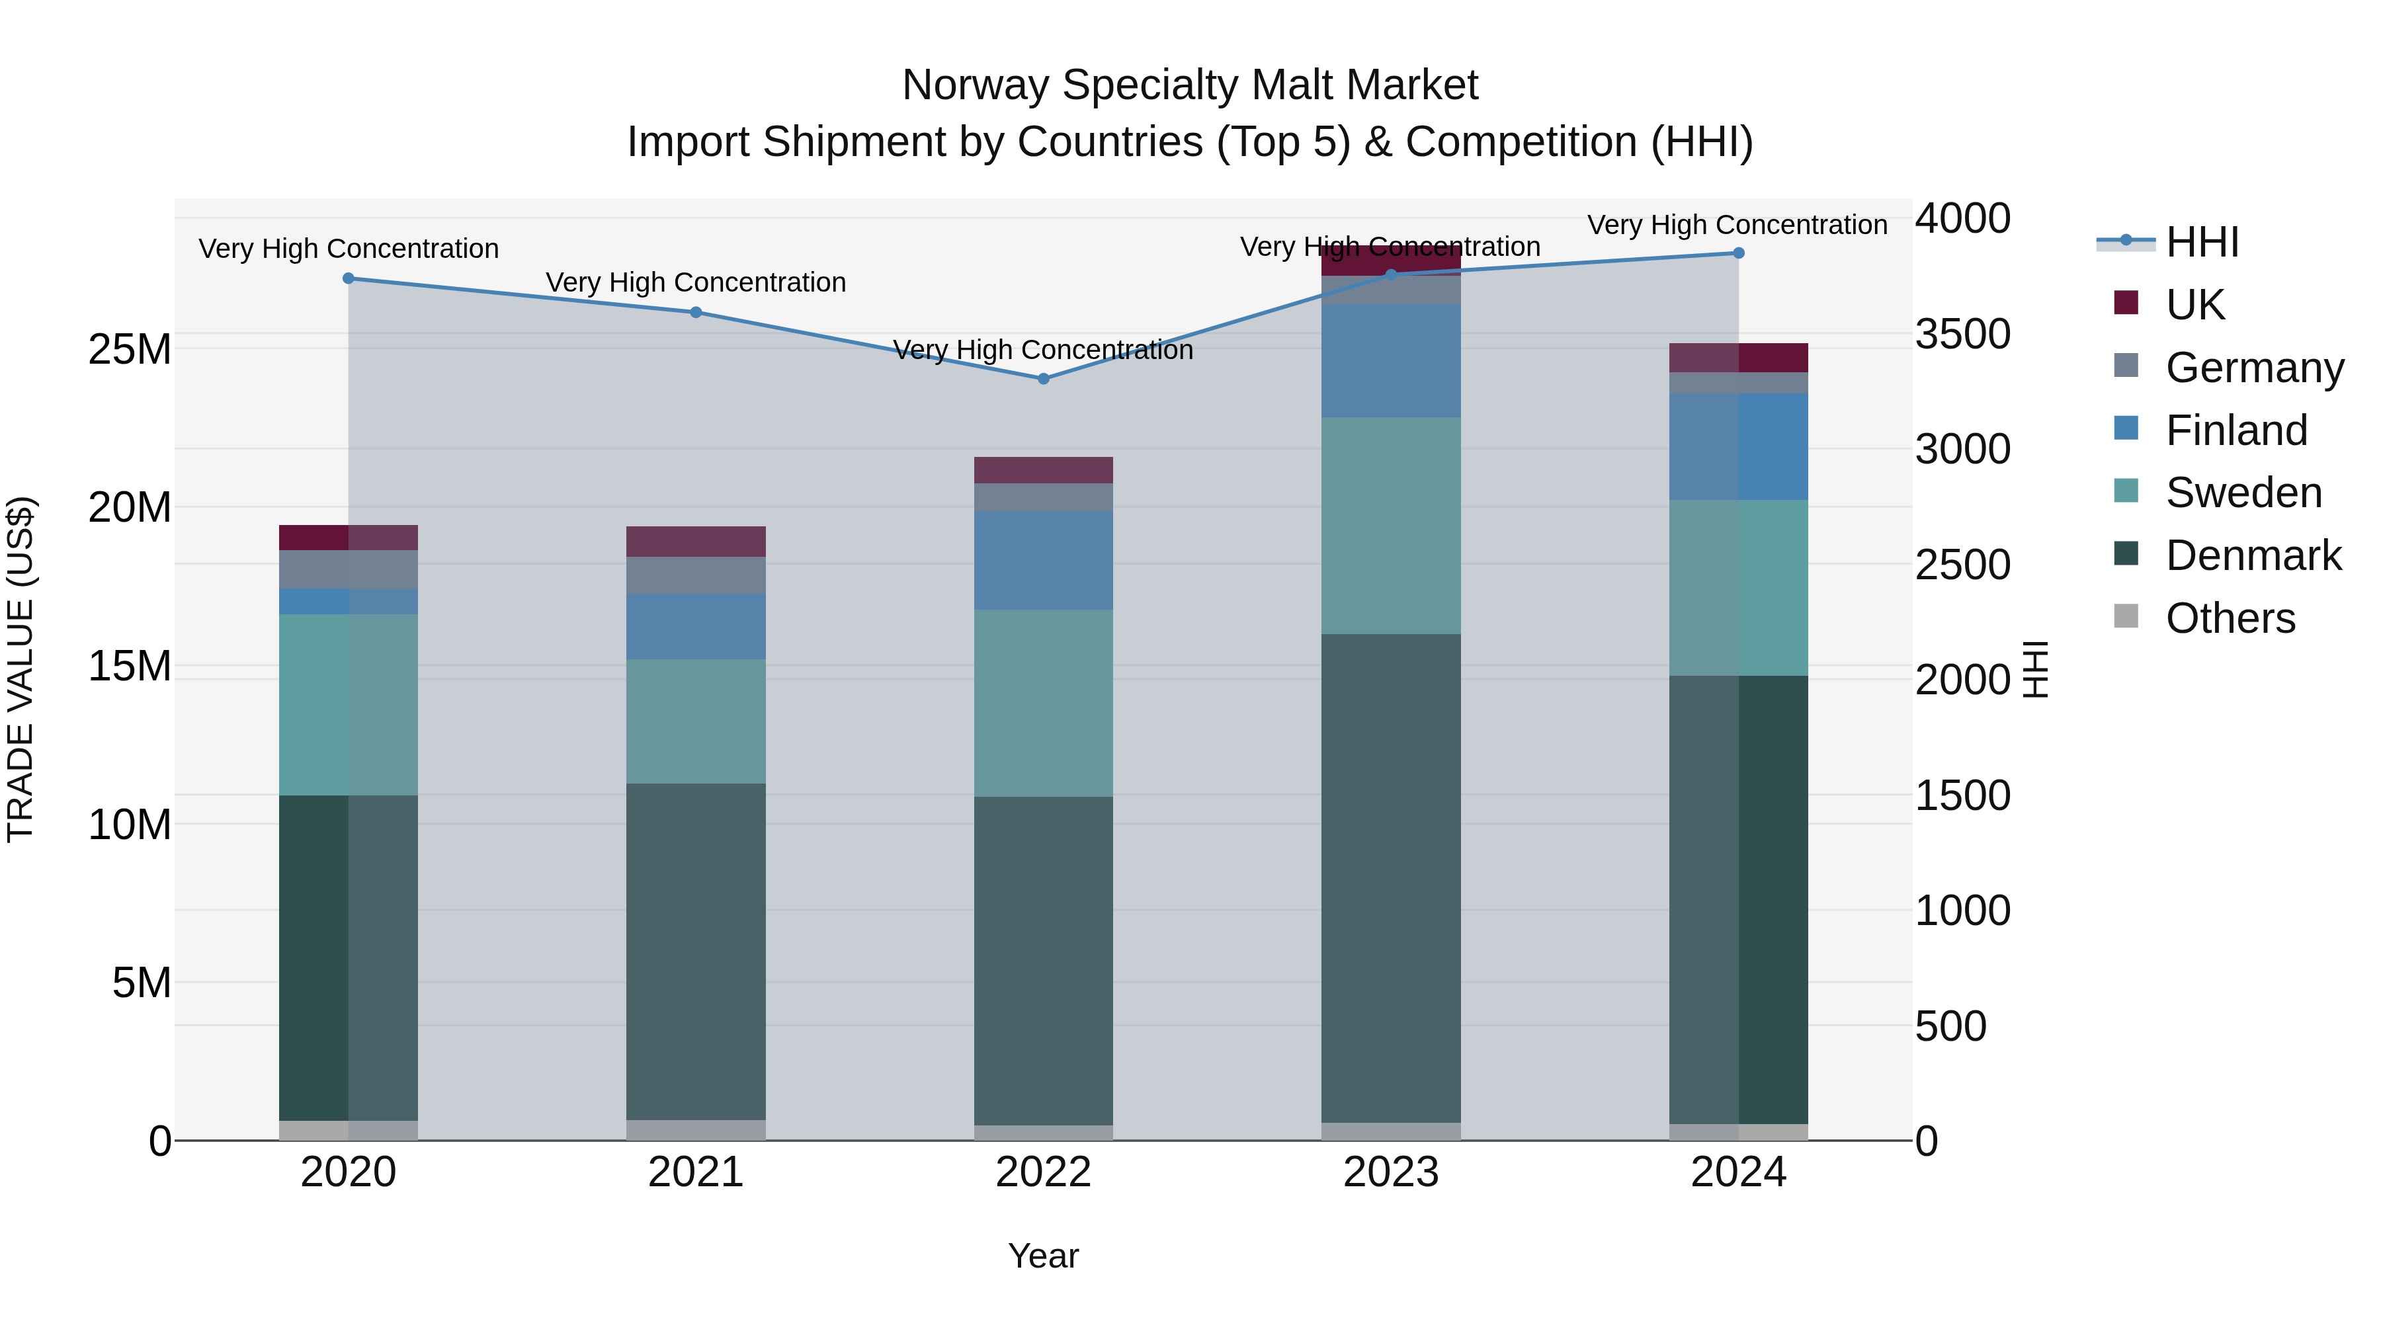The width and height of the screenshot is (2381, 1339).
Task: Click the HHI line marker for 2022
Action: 1044,379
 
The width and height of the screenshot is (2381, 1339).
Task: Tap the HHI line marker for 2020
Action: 349,278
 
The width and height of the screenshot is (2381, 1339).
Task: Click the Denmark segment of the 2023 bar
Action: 1391,878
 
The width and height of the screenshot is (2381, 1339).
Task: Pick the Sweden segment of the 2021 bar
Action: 696,721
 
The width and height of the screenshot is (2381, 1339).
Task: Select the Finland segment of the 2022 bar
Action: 1044,560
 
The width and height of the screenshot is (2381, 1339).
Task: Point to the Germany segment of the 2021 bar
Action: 696,575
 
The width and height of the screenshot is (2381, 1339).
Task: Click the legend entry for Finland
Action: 2236,430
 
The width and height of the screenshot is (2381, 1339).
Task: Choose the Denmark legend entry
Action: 2253,555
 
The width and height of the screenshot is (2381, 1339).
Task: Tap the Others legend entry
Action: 2230,618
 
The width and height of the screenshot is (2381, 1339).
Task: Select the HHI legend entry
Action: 2202,242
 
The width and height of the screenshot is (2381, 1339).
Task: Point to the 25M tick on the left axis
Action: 130,349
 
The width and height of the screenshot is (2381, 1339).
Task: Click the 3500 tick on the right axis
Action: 1962,334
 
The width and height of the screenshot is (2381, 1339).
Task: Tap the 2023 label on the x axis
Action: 1391,1172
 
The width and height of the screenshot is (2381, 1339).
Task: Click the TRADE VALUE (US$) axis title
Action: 21,669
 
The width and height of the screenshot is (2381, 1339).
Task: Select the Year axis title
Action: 1044,1256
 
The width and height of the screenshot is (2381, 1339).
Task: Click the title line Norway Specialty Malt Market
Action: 1190,85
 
